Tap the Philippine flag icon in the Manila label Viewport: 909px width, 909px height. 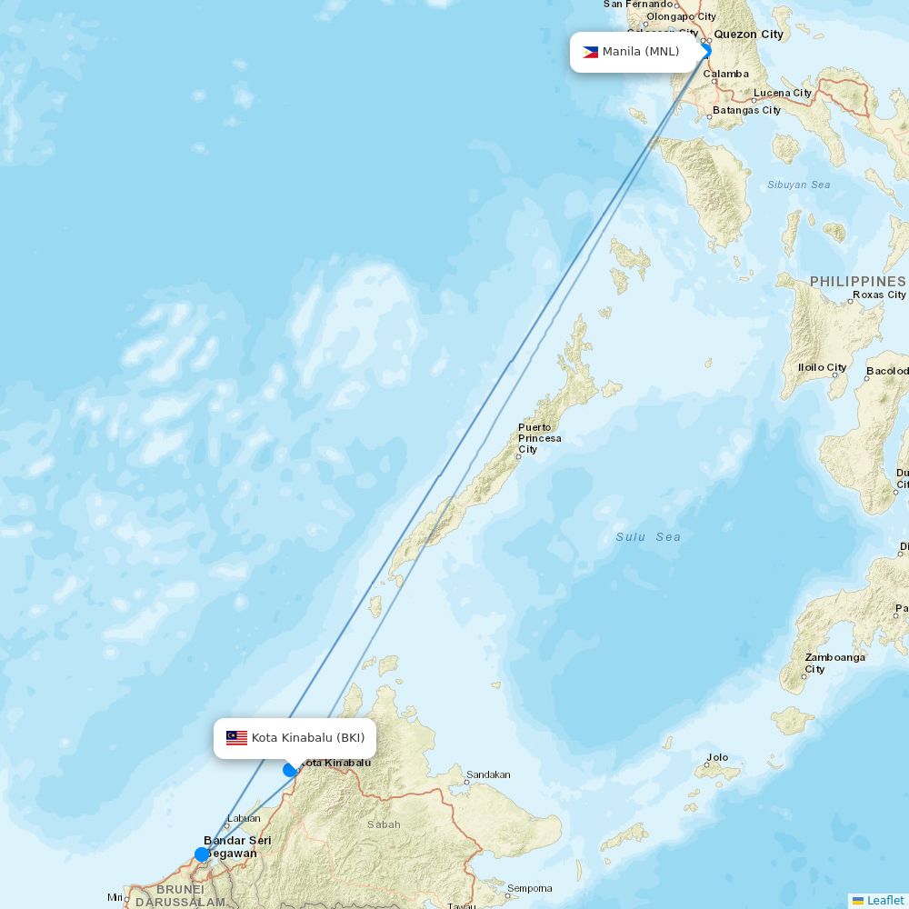[590, 52]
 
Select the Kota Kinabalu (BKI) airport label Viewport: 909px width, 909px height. [295, 738]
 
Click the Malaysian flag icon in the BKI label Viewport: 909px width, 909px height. [236, 738]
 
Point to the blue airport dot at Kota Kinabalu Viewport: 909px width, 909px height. [290, 770]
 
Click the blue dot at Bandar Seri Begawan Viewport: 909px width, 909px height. [202, 854]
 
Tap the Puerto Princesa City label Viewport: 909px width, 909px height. [539, 438]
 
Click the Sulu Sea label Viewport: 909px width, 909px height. [647, 537]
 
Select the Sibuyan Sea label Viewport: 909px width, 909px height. [798, 185]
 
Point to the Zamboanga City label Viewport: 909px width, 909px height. [834, 663]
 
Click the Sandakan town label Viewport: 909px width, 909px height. [488, 775]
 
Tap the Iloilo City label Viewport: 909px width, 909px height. [823, 367]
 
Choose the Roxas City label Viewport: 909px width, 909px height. [879, 295]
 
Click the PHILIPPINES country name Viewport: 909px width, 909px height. [857, 282]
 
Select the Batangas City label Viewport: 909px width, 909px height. [746, 110]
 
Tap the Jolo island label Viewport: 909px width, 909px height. [717, 757]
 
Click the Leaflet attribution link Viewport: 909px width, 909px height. [884, 900]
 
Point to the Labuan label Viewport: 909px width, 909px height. [244, 818]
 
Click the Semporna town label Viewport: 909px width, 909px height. [529, 888]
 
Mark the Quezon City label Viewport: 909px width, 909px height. [748, 35]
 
